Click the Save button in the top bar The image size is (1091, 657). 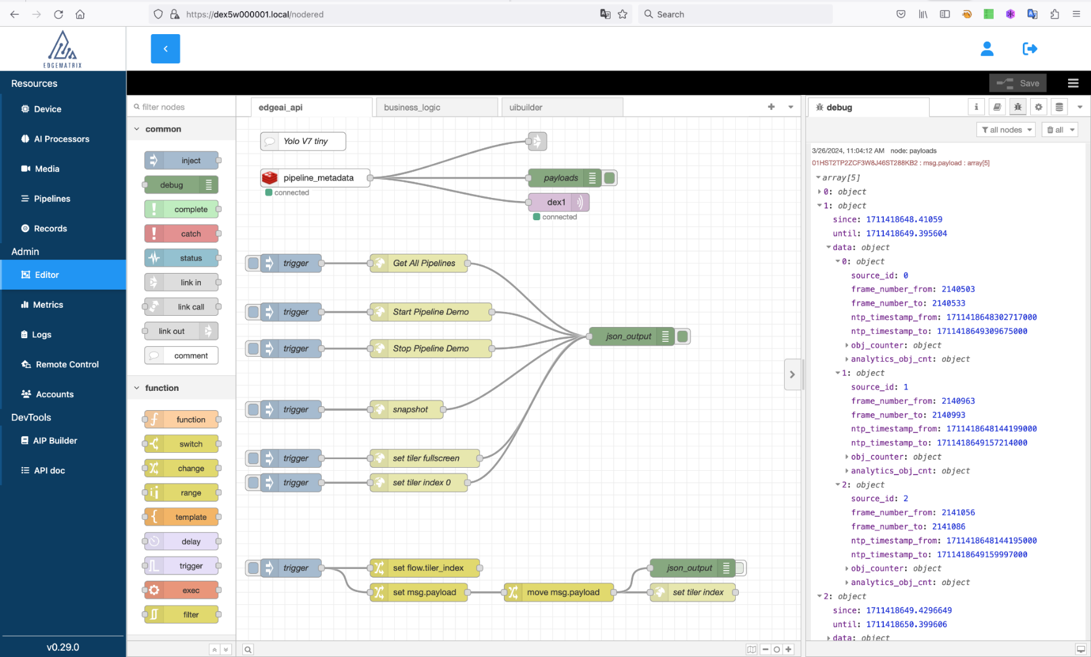1018,83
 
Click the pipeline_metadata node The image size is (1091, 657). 316,178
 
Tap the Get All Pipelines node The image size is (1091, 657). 419,263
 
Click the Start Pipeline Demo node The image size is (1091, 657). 431,312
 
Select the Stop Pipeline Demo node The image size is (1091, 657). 431,349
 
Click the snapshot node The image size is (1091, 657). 407,409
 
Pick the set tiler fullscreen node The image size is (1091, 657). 425,458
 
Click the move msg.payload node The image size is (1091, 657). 559,592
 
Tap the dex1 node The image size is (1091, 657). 559,202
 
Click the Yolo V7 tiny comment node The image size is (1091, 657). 303,141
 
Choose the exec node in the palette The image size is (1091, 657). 182,591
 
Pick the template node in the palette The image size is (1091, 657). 182,517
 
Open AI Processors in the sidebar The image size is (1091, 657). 62,139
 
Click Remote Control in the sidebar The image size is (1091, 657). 67,365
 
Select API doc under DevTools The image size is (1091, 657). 50,471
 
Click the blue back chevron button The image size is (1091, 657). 166,49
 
